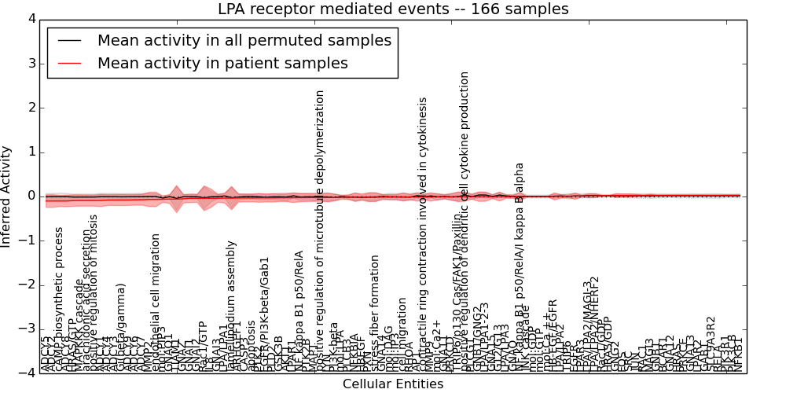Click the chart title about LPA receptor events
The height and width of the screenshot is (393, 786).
(x=393, y=9)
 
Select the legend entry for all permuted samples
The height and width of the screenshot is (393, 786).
(x=244, y=41)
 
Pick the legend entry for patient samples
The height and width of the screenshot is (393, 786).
(x=222, y=64)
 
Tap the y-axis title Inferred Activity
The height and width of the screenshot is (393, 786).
(x=7, y=196)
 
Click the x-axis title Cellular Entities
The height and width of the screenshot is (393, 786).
(x=393, y=384)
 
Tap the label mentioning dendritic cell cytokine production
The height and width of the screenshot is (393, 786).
(x=465, y=220)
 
